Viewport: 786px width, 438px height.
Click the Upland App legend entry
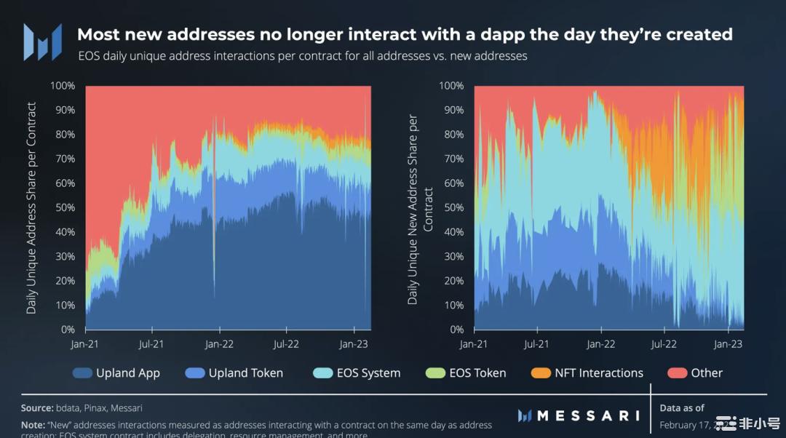click(116, 373)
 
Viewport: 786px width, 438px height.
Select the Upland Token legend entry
click(234, 373)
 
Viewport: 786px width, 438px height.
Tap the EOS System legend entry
click(357, 373)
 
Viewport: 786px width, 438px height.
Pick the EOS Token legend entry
click(466, 373)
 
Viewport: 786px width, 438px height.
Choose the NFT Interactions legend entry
click(587, 373)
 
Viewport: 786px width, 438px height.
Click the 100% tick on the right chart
click(452, 86)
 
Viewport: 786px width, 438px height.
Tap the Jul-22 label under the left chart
click(286, 343)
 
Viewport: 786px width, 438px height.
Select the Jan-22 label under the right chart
click(601, 343)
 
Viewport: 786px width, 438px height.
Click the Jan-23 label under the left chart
click(354, 343)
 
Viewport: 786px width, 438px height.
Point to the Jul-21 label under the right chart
click(536, 343)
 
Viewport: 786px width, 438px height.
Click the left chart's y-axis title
click(31, 208)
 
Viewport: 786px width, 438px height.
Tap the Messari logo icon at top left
click(42, 41)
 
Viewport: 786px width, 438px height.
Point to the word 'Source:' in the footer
click(37, 408)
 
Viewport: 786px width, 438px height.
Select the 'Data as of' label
click(682, 408)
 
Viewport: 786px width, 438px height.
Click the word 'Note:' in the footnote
click(33, 425)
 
